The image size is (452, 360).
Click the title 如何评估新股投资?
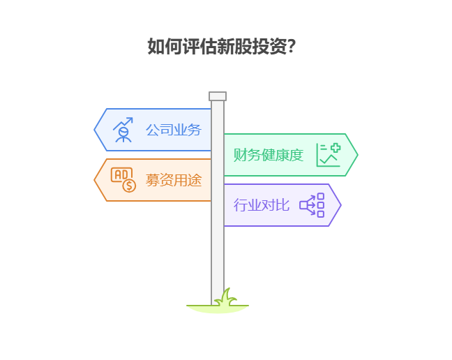coord(223,47)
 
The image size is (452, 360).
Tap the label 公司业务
coord(173,130)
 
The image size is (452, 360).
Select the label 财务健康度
coord(269,155)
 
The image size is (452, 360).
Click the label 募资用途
coord(173,180)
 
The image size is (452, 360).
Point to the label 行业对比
coord(261,205)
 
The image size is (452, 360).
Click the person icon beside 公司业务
coord(123,130)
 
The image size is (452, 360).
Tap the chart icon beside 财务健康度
coord(328,155)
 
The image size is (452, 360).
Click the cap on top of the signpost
coord(218,96)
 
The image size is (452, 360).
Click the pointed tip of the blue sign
coord(96,130)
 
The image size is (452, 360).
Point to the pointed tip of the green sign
coord(356,155)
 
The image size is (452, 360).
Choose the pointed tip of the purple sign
coord(340,205)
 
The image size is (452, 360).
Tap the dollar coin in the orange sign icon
coord(129,186)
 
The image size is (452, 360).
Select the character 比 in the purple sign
coord(282,205)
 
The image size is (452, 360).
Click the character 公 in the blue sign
coord(152,130)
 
